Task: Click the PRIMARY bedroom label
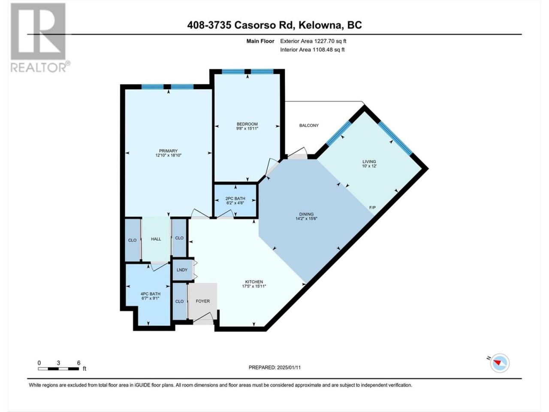(168, 151)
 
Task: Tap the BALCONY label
(309, 125)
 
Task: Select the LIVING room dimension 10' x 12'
(369, 166)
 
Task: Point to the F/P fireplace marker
(372, 207)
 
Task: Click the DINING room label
(306, 214)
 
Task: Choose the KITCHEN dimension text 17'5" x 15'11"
(254, 286)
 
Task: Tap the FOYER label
(202, 301)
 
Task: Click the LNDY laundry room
(182, 270)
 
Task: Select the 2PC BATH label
(235, 198)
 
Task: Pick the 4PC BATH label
(150, 294)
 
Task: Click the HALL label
(156, 239)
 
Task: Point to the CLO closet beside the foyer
(180, 301)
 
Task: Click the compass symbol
(500, 363)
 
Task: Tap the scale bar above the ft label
(58, 369)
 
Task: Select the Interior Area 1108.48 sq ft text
(312, 49)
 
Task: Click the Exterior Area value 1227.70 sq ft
(329, 41)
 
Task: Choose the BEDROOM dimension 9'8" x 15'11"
(247, 128)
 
